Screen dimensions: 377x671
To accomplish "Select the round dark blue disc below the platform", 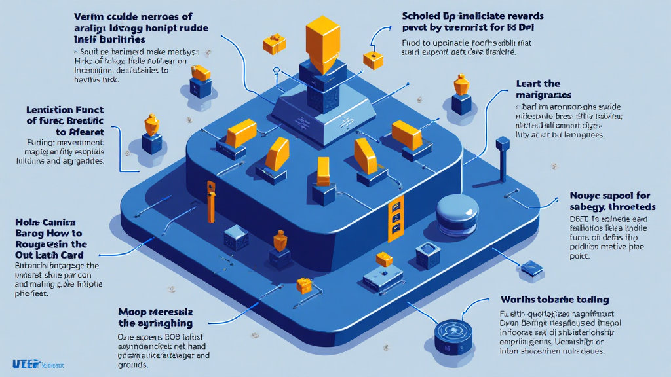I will click(x=451, y=330).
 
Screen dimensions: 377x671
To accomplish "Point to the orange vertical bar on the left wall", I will click(x=210, y=204).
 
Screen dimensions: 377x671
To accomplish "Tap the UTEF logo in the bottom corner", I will click(x=26, y=364).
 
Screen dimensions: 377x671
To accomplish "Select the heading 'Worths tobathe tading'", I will click(x=554, y=300).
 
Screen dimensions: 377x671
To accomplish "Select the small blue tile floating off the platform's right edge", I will click(x=528, y=268).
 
